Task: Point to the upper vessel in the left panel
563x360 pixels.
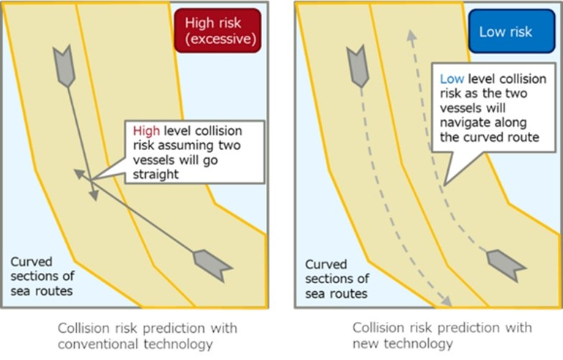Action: tap(64, 65)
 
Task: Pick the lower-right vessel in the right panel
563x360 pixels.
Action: tap(505, 264)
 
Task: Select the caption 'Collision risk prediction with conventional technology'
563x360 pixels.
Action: tap(148, 336)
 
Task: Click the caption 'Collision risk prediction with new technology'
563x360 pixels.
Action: tap(442, 336)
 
